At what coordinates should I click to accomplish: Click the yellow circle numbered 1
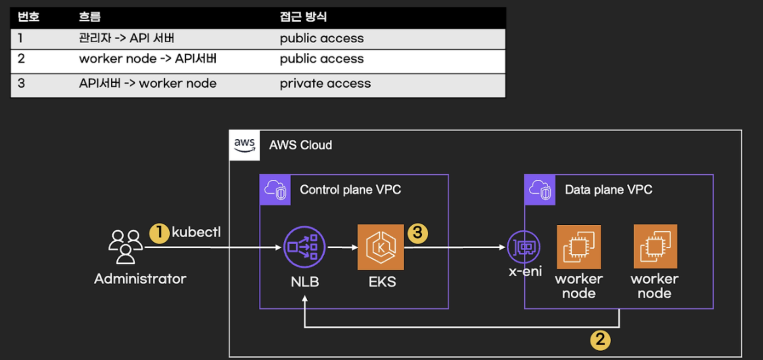[x=159, y=233]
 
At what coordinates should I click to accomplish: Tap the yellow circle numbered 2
[x=600, y=340]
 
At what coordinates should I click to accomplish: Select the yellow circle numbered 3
[x=418, y=233]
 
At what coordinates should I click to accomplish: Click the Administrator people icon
[x=125, y=247]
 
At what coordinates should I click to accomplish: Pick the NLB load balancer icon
[x=304, y=247]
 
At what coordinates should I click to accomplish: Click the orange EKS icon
[x=380, y=247]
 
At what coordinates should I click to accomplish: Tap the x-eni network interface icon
[x=524, y=247]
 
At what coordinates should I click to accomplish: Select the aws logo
[x=244, y=145]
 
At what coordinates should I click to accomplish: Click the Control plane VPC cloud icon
[x=275, y=190]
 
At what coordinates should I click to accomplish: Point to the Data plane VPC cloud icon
[x=540, y=190]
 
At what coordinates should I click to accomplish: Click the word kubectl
[x=196, y=232]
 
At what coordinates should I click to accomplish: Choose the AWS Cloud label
[x=300, y=145]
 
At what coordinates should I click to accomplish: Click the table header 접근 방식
[x=303, y=17]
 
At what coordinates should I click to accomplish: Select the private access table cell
[x=325, y=84]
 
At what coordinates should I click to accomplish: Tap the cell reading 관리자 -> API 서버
[x=126, y=38]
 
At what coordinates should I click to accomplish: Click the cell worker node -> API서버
[x=147, y=59]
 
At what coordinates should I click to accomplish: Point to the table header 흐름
[x=90, y=17]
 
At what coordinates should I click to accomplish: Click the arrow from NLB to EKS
[x=342, y=247]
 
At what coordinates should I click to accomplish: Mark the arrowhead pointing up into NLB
[x=305, y=299]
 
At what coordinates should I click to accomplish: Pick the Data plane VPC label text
[x=608, y=190]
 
